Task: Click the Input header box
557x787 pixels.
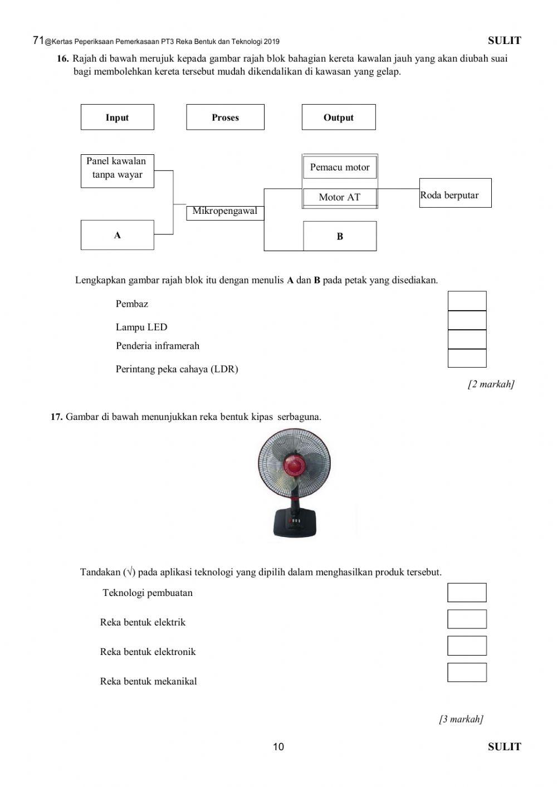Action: pos(117,117)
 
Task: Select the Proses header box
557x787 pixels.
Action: pos(225,117)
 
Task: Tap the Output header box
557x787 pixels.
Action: pos(339,117)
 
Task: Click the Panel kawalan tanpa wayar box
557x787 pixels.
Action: pos(117,170)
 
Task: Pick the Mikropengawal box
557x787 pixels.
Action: pos(224,212)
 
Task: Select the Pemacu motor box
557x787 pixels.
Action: pos(340,167)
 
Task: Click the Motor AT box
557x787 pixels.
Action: pos(340,197)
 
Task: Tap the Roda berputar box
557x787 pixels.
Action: pos(455,193)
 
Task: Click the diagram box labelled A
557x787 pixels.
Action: pos(117,235)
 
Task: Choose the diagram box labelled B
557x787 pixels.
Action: pos(340,236)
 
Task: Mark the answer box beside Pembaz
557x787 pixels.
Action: pos(467,301)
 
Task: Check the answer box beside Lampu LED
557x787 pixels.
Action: pos(467,320)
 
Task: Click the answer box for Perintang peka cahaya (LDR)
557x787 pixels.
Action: pos(467,358)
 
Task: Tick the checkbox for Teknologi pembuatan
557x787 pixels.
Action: pos(467,593)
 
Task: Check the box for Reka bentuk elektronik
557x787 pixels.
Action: pos(467,646)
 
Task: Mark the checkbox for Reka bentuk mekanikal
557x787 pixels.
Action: pos(467,672)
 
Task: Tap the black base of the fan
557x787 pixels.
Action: pos(295,524)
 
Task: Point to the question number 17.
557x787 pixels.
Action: pos(56,417)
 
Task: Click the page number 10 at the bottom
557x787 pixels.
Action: pos(278,747)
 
